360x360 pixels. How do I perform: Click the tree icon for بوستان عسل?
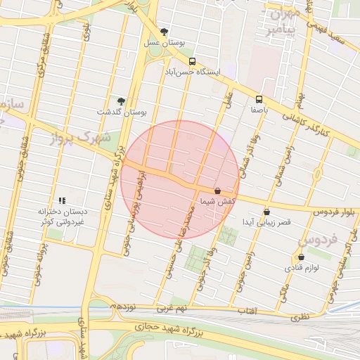tap(165, 32)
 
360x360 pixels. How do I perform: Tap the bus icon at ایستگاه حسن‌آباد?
tap(193, 61)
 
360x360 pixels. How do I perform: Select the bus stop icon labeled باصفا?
tap(259, 99)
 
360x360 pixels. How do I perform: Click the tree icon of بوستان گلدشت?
tap(121, 101)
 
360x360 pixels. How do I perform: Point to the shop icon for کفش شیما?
tap(217, 191)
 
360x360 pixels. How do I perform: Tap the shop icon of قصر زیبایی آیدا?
tap(266, 212)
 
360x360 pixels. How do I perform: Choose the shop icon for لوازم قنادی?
tap(301, 257)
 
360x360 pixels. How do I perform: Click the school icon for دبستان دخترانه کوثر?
tap(62, 200)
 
